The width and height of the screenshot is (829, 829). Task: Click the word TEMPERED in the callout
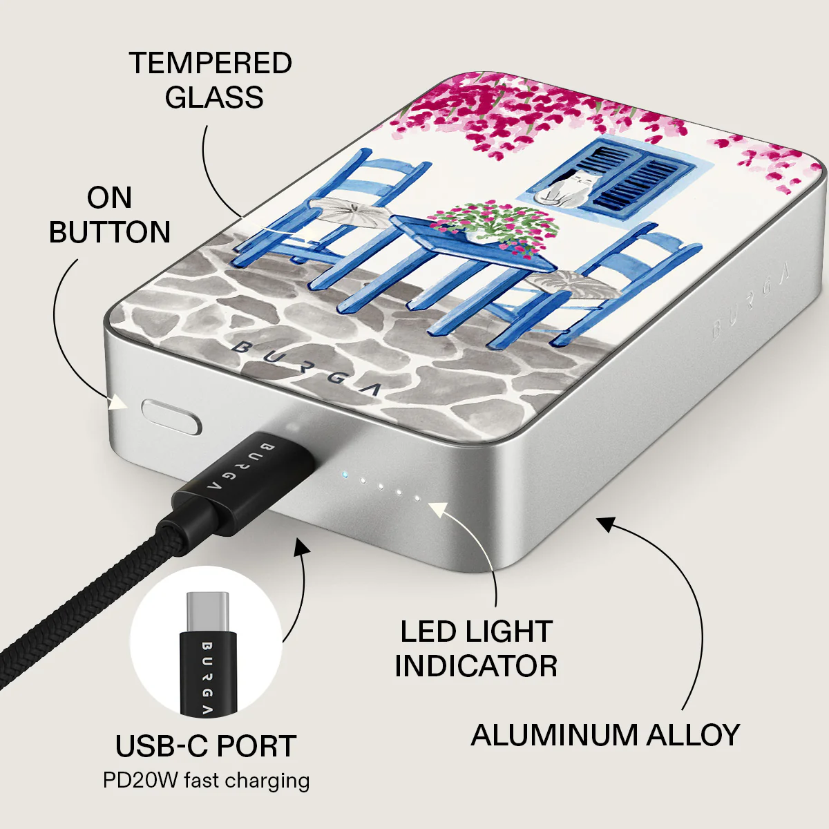pos(211,64)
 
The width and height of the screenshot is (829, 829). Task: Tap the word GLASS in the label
pos(213,97)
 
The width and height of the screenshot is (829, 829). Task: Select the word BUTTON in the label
pos(110,232)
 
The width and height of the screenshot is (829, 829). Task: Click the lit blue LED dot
pos(344,475)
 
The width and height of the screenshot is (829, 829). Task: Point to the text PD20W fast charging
pos(206,781)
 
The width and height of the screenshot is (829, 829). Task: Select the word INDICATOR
pos(476,666)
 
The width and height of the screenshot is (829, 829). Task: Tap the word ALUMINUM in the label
pos(553,735)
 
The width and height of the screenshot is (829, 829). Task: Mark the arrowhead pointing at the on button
pos(118,403)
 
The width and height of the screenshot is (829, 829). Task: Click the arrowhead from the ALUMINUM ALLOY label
pos(607,523)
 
